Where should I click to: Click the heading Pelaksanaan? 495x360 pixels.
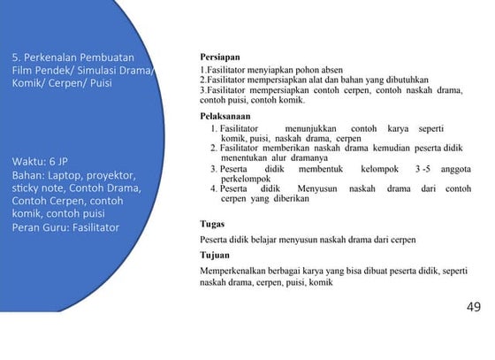[226, 116]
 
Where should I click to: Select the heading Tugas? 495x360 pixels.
[212, 225]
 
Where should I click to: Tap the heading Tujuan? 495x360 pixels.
[216, 255]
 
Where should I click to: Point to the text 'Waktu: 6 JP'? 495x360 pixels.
[40, 162]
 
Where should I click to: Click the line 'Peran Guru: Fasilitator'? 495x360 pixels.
[65, 226]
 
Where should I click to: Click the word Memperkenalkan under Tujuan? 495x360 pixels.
[238, 269]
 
